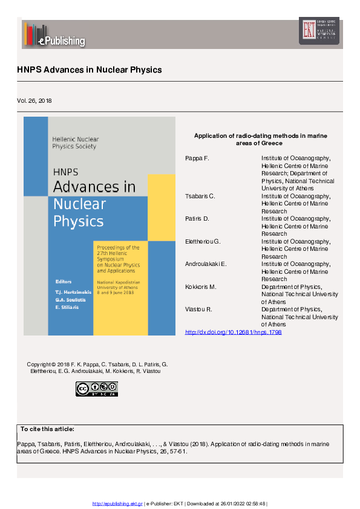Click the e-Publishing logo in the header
[54, 34]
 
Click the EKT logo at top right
[319, 30]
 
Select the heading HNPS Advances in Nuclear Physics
[90, 70]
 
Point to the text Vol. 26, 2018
[34, 100]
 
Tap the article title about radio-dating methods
[260, 140]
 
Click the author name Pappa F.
[197, 158]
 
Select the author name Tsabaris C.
[200, 196]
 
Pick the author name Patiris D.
[197, 218]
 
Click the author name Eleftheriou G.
[202, 241]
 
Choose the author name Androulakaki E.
[206, 264]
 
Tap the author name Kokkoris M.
[200, 287]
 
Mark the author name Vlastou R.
[198, 309]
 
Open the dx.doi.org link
[233, 332]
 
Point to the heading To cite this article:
[47, 429]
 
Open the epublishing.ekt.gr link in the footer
[117, 504]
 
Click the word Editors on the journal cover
[63, 281]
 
